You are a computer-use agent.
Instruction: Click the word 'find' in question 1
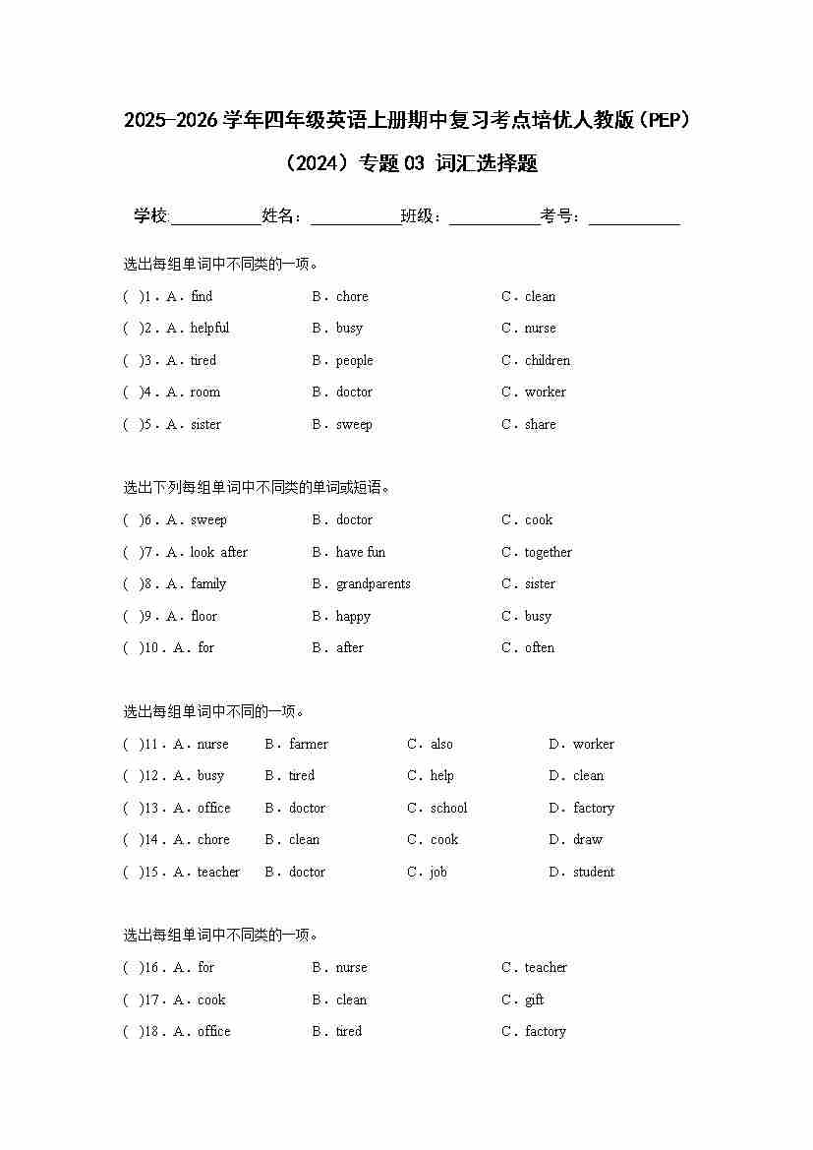(202, 296)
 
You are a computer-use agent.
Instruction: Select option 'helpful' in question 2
(209, 328)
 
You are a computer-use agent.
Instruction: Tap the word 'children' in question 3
(548, 360)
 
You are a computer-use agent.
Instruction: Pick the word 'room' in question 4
(205, 392)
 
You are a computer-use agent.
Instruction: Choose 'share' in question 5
(540, 424)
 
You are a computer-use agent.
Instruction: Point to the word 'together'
(548, 552)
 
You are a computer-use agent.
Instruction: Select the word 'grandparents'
(374, 583)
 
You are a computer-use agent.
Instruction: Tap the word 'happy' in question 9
(353, 616)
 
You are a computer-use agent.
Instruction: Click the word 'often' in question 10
(540, 647)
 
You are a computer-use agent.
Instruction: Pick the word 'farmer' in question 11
(309, 744)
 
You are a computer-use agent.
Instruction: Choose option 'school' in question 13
(449, 808)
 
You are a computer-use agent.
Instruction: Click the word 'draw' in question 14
(588, 839)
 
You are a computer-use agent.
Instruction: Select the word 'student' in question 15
(594, 872)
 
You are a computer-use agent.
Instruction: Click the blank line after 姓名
(356, 217)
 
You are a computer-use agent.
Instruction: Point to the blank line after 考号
(634, 217)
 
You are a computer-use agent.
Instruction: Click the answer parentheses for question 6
(132, 519)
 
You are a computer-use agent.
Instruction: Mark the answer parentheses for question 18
(132, 1031)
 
